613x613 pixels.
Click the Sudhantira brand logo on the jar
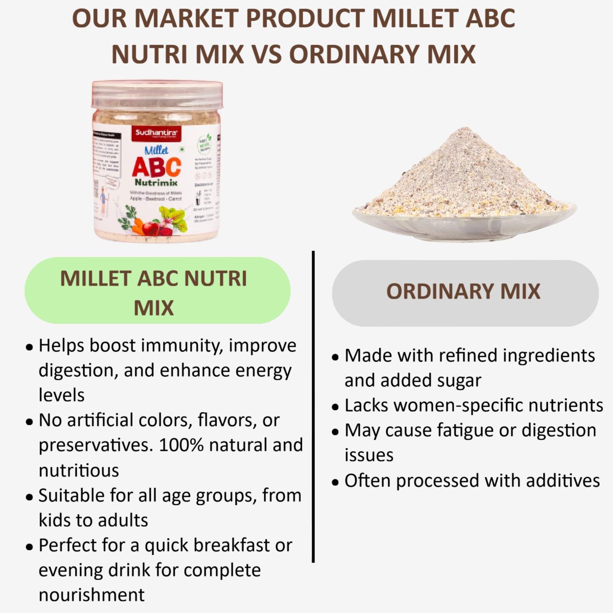(156, 133)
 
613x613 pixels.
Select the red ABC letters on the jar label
(157, 167)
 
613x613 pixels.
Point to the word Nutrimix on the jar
(156, 183)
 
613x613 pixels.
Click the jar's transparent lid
(157, 94)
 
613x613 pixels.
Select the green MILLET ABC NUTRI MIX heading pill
(157, 291)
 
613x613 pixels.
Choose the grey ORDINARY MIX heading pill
(465, 293)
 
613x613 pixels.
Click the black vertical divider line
(313, 407)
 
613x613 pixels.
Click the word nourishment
(91, 595)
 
